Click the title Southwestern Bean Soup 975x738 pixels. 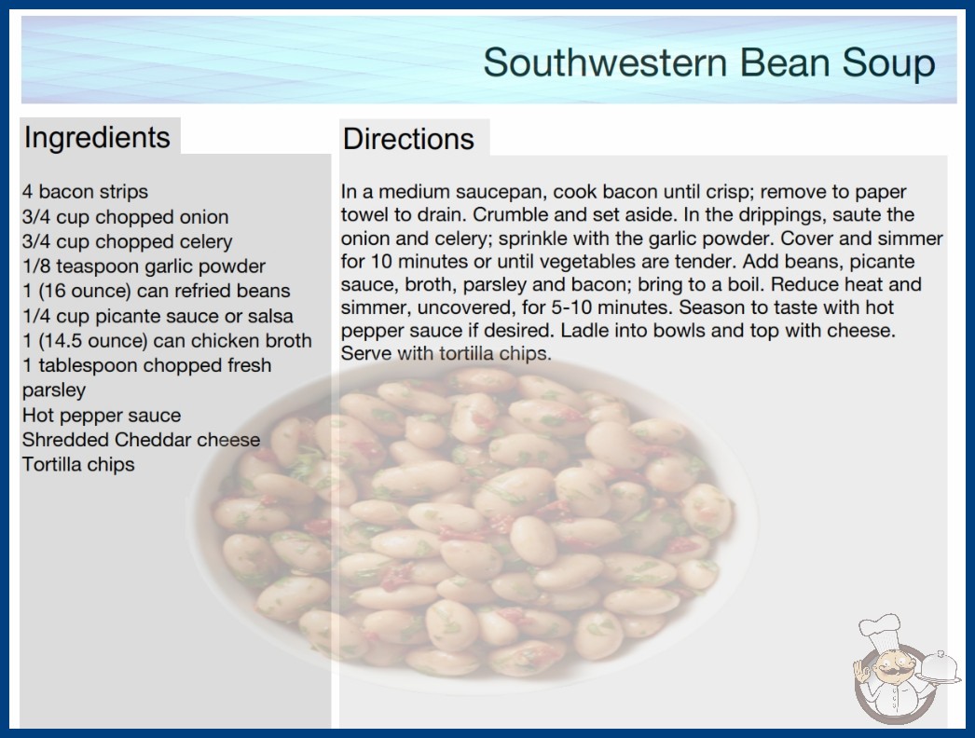pyautogui.click(x=708, y=62)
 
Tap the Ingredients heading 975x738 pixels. pyautogui.click(x=97, y=138)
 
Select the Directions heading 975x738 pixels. pyautogui.click(x=408, y=139)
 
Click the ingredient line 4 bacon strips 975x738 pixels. pyautogui.click(x=85, y=192)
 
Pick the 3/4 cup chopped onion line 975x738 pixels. pyautogui.click(x=126, y=217)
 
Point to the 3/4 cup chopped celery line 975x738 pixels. pyautogui.click(x=128, y=242)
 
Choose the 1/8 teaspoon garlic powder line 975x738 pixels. pyautogui.click(x=144, y=266)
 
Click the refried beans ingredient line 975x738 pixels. pyautogui.click(x=156, y=291)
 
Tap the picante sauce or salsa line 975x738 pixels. pyautogui.click(x=158, y=316)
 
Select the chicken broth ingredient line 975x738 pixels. pyautogui.click(x=167, y=341)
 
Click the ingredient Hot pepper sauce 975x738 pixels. pyautogui.click(x=102, y=416)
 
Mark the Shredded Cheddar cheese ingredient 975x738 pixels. pyautogui.click(x=141, y=440)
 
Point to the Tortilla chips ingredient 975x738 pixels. pyautogui.click(x=78, y=464)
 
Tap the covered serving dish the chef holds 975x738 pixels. pyautogui.click(x=939, y=668)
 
